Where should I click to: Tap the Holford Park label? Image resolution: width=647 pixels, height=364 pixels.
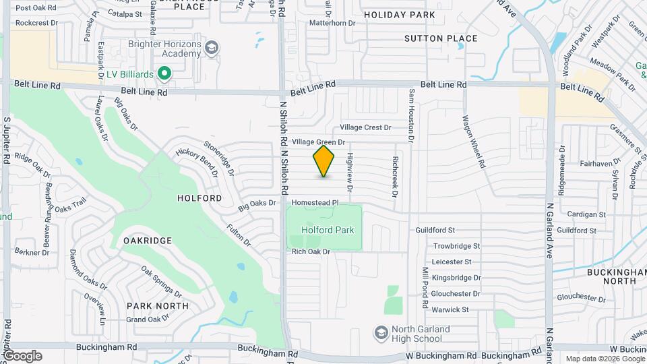[x=328, y=230]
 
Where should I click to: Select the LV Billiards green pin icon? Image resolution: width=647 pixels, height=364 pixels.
[x=163, y=72]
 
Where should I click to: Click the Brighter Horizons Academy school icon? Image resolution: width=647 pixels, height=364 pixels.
[x=212, y=47]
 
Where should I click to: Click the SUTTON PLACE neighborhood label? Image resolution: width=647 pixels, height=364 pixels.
[x=441, y=38]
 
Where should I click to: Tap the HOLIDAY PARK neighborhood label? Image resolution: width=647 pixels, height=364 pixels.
[x=399, y=14]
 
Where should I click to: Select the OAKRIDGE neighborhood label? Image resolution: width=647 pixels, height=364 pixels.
[x=148, y=240]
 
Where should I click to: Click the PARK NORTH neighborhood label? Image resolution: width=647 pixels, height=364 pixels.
[x=158, y=305]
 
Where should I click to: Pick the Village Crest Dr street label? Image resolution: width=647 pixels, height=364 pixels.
[x=365, y=127]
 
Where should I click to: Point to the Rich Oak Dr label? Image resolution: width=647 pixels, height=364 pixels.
[x=311, y=251]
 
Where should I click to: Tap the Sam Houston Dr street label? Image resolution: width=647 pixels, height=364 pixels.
[x=410, y=116]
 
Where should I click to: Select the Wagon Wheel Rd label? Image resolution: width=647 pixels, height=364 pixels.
[x=473, y=141]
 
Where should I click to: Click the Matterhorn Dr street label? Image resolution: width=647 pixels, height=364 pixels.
[x=332, y=23]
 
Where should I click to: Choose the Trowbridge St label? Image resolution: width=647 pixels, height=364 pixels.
[x=456, y=246]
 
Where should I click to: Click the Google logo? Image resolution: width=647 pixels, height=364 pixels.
[x=22, y=355]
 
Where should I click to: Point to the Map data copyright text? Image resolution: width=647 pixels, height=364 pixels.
[x=605, y=359]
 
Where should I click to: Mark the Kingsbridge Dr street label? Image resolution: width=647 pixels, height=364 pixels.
[x=456, y=277]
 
